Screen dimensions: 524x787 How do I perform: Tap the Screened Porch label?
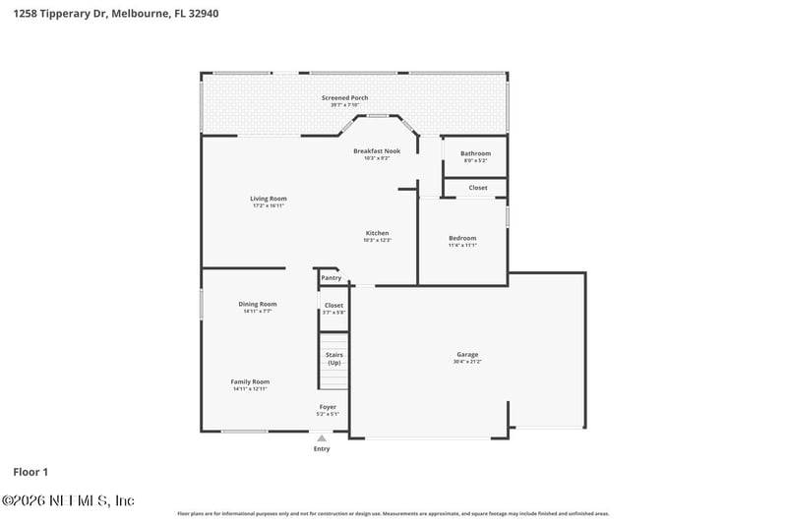[344, 98]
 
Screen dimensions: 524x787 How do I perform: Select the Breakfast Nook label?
[377, 150]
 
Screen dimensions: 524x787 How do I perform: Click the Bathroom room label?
[475, 153]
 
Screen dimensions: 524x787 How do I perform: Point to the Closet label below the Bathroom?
[477, 187]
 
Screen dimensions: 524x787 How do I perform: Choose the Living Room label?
[268, 199]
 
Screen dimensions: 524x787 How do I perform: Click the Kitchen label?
[378, 233]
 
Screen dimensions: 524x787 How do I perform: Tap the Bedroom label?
[462, 238]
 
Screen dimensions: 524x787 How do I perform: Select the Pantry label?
[331, 278]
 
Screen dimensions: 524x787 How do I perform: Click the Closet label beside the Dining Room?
[333, 305]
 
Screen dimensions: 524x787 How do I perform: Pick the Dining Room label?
[258, 304]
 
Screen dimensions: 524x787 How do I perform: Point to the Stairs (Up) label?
[333, 359]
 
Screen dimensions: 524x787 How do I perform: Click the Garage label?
[467, 354]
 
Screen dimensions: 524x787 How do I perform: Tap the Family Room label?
[250, 381]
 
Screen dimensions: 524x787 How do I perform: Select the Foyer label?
[328, 406]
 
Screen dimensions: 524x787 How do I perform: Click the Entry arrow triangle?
[322, 438]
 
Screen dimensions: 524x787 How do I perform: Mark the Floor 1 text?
[30, 472]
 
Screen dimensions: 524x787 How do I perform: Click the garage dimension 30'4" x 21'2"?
[467, 362]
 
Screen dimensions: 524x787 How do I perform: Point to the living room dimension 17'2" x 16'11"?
[268, 206]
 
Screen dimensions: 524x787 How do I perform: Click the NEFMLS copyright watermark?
[68, 500]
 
